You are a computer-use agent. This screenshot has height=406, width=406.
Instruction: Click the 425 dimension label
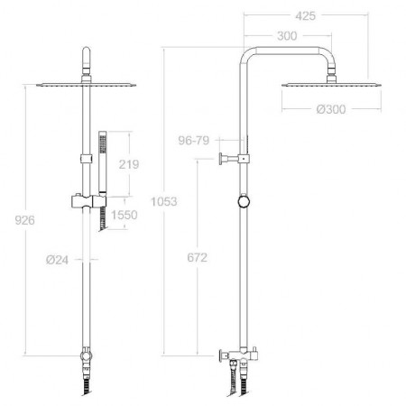pos(305,16)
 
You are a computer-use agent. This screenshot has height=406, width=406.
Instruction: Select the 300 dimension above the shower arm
pos(287,36)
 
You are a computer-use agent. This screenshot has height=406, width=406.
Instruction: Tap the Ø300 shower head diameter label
pos(331,109)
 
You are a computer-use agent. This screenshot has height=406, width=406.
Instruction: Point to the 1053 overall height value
pos(164,201)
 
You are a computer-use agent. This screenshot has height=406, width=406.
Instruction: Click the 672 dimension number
pos(198,258)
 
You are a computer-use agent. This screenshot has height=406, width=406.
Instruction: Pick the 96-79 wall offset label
pos(194,141)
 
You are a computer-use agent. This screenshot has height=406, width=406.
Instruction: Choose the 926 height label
pos(25,220)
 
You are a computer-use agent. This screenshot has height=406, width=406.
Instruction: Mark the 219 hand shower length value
pos(129,164)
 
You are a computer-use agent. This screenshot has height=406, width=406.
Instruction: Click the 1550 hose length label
pos(125,215)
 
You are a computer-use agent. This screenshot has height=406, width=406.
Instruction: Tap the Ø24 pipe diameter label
pos(57,260)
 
